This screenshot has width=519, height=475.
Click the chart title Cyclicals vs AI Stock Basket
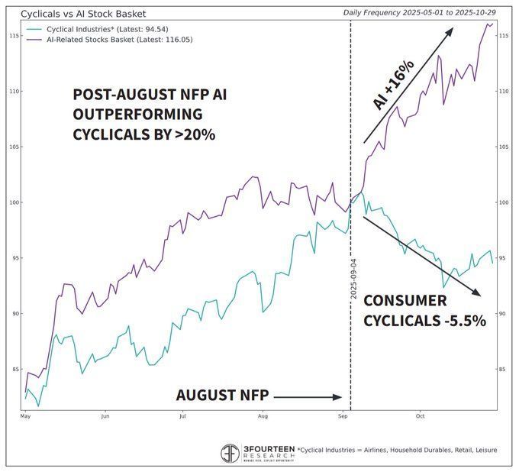click(x=83, y=14)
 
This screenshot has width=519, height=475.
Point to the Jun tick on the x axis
click(x=105, y=417)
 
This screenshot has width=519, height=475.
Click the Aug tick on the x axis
click(x=263, y=417)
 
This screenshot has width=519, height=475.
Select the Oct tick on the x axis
click(x=421, y=417)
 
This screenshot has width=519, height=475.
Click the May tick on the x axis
click(x=25, y=417)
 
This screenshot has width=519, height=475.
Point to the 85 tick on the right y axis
click(x=505, y=370)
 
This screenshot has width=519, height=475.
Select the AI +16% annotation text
click(x=394, y=86)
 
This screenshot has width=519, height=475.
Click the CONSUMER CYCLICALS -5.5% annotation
click(x=424, y=311)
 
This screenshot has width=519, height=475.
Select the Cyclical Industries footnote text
click(x=397, y=450)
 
